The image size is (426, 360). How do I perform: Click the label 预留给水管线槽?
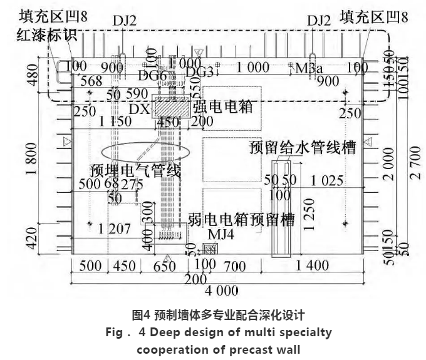303,148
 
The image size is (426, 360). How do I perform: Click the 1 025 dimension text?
328,181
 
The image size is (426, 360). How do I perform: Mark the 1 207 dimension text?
116,229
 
